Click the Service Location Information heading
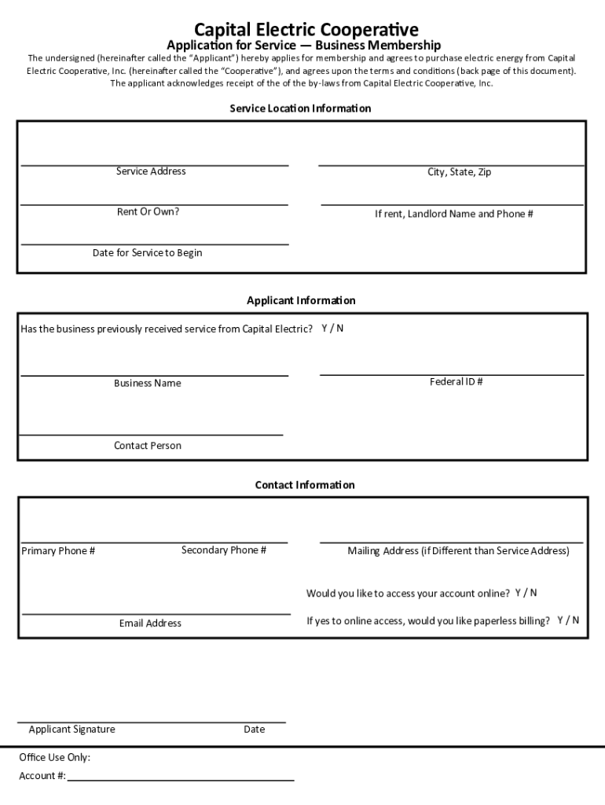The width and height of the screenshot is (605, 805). (x=300, y=108)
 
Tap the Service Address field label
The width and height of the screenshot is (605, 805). (x=151, y=171)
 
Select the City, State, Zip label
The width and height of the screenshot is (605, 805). (x=459, y=172)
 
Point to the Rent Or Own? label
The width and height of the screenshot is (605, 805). (x=148, y=211)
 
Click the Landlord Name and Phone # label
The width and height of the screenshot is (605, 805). (x=454, y=214)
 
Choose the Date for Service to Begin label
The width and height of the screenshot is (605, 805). (x=147, y=253)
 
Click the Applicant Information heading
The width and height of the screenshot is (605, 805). (x=301, y=301)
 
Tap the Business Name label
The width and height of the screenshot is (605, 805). (x=147, y=384)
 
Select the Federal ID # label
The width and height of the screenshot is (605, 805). (x=456, y=382)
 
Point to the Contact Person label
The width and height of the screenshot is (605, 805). (x=147, y=446)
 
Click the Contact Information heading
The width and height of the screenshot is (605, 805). (x=305, y=485)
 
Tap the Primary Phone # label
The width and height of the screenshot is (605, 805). (x=58, y=551)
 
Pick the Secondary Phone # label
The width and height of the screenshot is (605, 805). (x=224, y=550)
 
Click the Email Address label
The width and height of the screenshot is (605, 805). (x=150, y=623)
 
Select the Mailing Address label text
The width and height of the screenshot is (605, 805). (x=458, y=551)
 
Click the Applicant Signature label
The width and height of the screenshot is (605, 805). (x=71, y=730)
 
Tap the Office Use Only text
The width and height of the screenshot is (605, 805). (x=55, y=758)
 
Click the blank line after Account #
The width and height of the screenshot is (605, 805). (x=181, y=778)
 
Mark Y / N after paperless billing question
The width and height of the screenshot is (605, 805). (x=568, y=620)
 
